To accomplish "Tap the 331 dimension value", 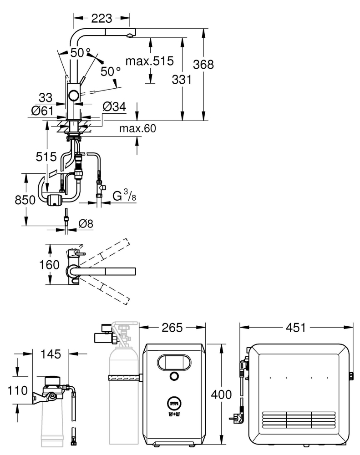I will click(x=181, y=79).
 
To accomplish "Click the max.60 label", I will click(x=137, y=129).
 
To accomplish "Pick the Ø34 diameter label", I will click(x=114, y=107).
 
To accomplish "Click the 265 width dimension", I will click(x=173, y=328).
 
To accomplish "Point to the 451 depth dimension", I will click(x=297, y=328).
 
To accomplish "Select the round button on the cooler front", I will click(x=173, y=376).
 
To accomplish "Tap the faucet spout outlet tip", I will click(x=130, y=36).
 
